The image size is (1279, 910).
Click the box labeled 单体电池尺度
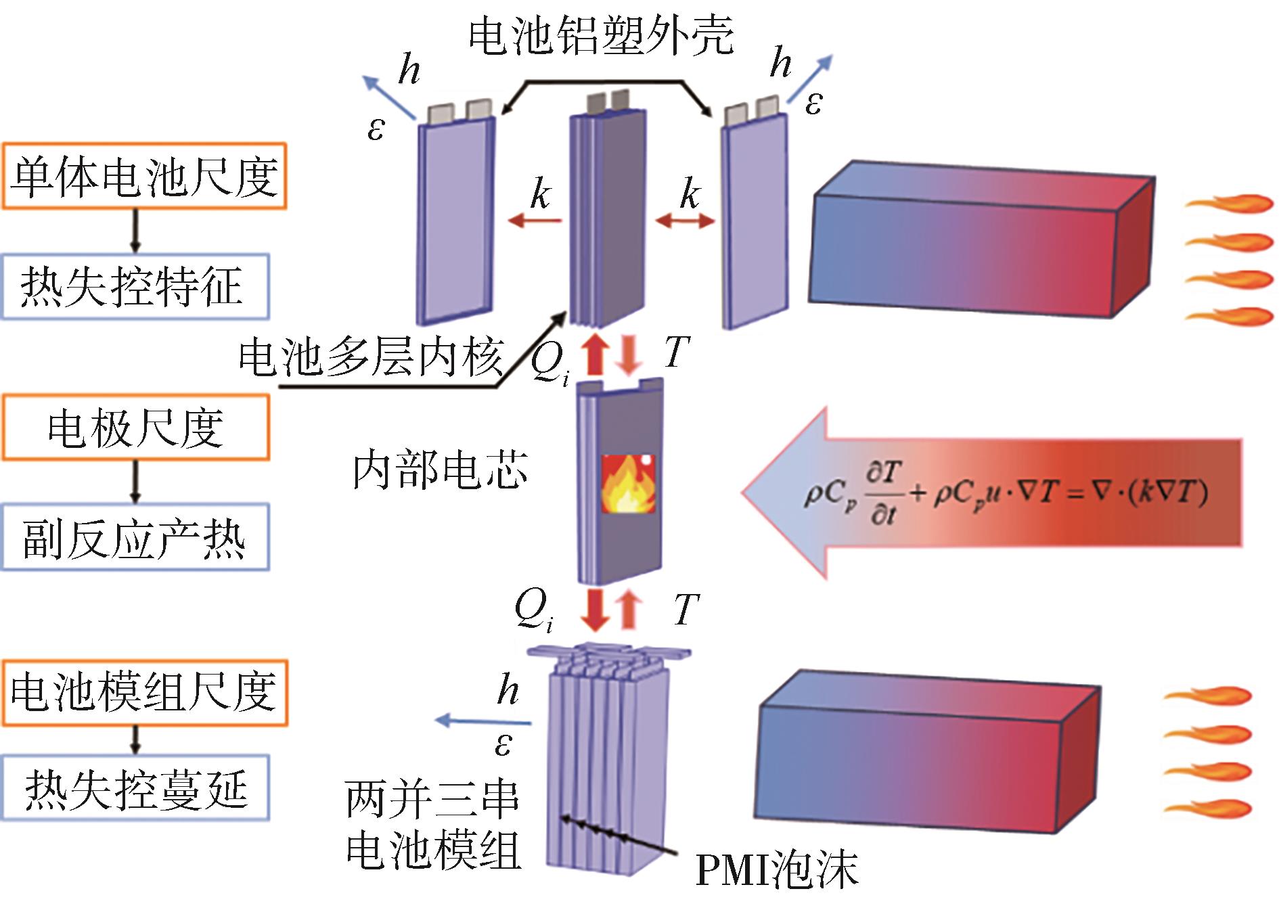point(143,176)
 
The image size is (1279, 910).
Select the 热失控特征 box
point(135,286)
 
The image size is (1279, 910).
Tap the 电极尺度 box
point(135,428)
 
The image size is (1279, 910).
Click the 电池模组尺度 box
point(144,693)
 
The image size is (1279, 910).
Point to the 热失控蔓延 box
point(135,788)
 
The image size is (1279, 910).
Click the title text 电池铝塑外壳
point(601,35)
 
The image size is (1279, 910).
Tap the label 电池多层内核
point(371,357)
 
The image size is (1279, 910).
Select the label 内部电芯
point(440,470)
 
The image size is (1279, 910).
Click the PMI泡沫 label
point(777,869)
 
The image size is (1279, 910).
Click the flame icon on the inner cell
point(628,483)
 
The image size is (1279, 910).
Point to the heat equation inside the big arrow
point(1005,494)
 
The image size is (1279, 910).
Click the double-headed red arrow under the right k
point(685,221)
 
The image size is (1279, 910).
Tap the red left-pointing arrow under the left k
point(535,221)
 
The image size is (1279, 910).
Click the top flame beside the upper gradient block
point(1228,204)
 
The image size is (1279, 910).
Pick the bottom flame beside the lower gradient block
point(1208,808)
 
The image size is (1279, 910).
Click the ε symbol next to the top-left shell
point(376,129)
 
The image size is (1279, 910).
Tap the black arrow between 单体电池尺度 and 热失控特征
point(135,231)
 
